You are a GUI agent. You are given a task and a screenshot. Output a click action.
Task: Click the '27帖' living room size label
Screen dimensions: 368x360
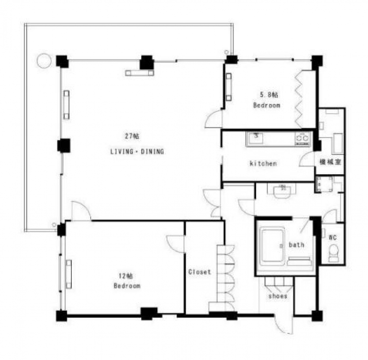click(132, 136)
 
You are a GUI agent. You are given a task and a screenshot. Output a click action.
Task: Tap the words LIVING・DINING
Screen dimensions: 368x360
click(137, 152)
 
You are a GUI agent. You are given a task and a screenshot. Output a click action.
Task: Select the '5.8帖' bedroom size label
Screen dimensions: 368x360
click(269, 95)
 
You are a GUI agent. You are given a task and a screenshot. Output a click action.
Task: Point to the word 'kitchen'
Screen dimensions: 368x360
click(263, 163)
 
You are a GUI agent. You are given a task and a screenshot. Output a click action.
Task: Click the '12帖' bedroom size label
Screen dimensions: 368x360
click(126, 276)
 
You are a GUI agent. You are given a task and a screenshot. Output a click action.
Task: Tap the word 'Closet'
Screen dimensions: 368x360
click(200, 272)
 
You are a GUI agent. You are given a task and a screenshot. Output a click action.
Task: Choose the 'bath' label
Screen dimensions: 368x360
click(296, 245)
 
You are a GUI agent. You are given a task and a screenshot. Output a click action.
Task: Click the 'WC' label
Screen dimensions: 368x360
click(333, 237)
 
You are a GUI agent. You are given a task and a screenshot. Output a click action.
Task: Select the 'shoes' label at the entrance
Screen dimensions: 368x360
click(278, 296)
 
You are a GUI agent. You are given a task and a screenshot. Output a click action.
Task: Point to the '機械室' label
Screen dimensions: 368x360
click(330, 162)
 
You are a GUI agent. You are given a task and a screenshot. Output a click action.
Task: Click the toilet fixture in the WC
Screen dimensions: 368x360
click(333, 253)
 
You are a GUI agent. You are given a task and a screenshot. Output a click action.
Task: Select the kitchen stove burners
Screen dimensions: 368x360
click(303, 138)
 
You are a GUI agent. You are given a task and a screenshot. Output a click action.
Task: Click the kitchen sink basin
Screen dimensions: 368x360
click(256, 137)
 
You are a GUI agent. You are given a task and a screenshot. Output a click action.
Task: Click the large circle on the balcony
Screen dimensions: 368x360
click(44, 61)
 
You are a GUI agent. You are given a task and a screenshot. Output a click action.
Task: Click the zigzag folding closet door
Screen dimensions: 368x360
click(298, 99)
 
